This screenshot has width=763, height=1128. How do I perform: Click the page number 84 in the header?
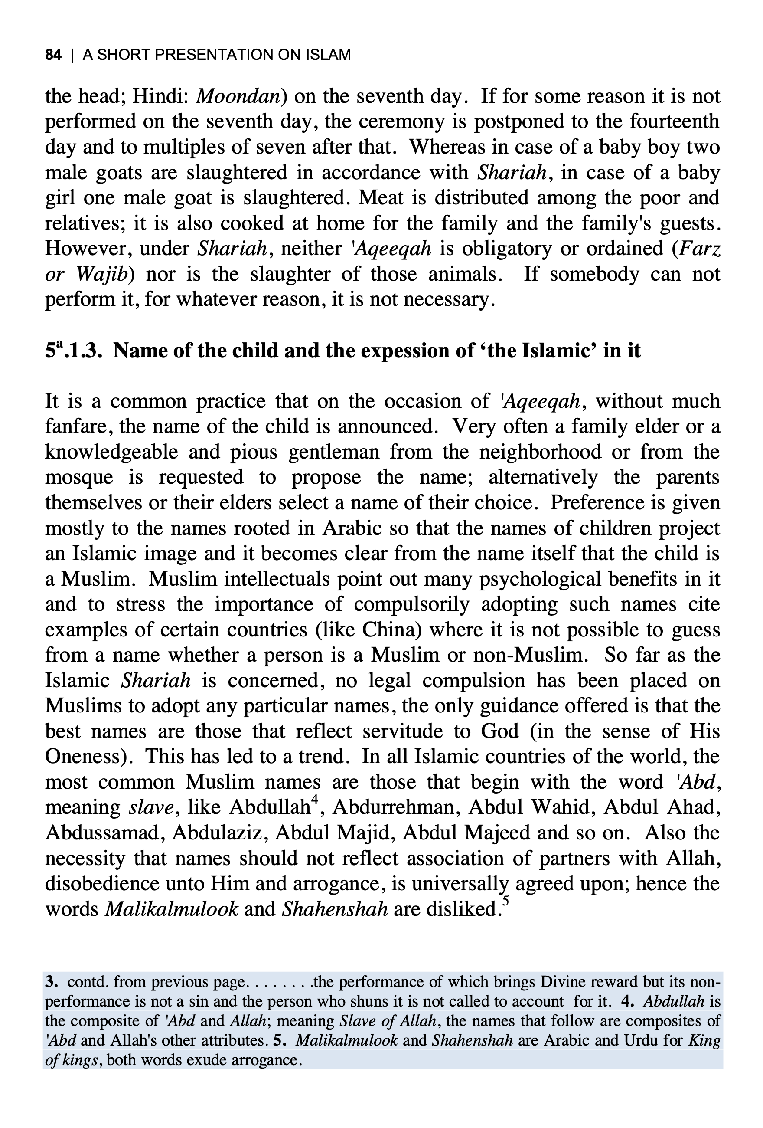[53, 54]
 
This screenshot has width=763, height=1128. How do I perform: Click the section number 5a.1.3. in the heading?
[73, 351]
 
